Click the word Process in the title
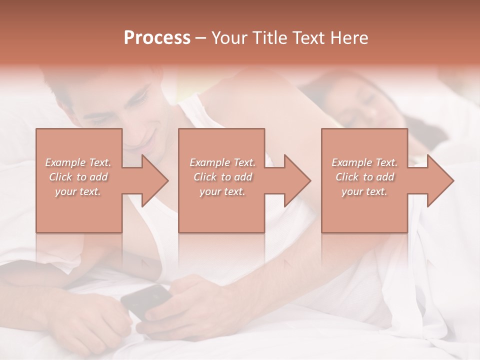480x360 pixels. (157, 38)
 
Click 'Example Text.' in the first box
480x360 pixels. (78, 162)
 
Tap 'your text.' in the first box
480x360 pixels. (78, 191)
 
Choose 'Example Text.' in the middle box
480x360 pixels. (222, 162)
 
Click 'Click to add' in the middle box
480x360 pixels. (222, 177)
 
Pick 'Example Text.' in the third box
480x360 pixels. (364, 162)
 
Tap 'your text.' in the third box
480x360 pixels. (364, 191)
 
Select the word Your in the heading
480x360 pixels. (229, 38)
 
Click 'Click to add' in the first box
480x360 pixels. (78, 177)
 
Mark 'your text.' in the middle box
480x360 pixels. (222, 191)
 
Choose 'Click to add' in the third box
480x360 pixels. (364, 177)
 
